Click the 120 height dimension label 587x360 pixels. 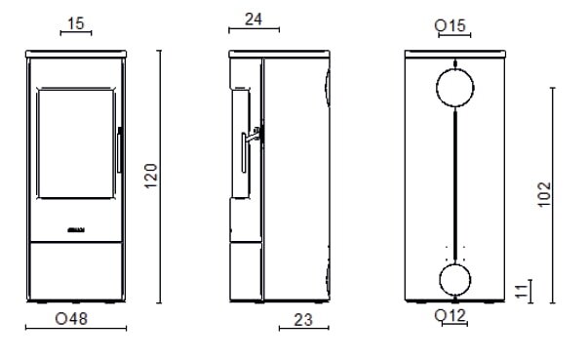(x=150, y=176)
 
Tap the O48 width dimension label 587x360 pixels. (x=71, y=319)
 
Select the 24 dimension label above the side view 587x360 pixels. (x=254, y=20)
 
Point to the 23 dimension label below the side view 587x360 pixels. (x=303, y=320)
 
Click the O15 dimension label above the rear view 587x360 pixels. (x=450, y=25)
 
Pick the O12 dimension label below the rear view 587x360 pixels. (x=450, y=315)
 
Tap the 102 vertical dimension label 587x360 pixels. (x=544, y=194)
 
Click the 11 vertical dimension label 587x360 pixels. (x=521, y=291)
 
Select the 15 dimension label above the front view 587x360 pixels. (x=76, y=23)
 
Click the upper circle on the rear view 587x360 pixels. (x=437, y=88)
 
